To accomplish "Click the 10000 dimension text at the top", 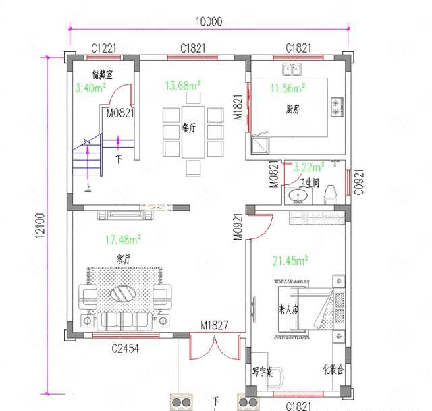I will [209, 22].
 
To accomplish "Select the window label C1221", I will [104, 48].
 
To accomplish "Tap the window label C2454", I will [126, 348].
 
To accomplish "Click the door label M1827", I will [214, 325].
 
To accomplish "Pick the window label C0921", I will [358, 181].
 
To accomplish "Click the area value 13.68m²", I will [183, 86].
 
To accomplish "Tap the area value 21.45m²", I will [290, 259].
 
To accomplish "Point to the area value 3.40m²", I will [89, 88].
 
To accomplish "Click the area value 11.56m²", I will [288, 88].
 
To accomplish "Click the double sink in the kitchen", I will [292, 69].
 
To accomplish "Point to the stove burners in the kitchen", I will [335, 105].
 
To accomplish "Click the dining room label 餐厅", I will [189, 128].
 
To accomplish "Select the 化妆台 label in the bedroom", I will [333, 369].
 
